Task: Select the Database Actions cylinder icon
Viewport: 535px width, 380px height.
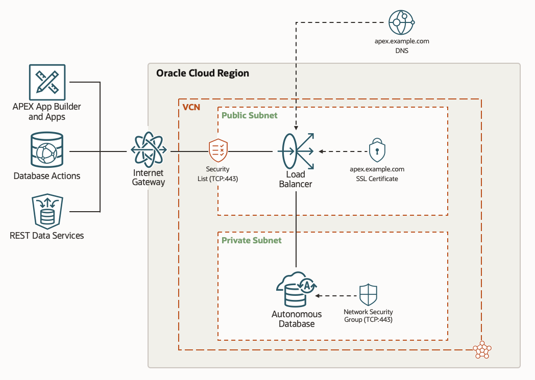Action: tap(47, 150)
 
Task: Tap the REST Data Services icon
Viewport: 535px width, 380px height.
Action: tap(47, 210)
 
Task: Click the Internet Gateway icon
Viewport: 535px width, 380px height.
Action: tap(149, 150)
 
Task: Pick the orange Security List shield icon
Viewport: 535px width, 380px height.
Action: tap(218, 151)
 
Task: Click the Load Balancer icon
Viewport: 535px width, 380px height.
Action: tap(297, 151)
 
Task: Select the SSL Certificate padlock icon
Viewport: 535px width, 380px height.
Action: tap(377, 150)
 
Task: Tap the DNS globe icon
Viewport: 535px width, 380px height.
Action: tap(401, 22)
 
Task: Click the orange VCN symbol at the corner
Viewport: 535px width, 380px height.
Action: tap(481, 350)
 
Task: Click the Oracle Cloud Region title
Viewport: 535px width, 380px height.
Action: tap(203, 73)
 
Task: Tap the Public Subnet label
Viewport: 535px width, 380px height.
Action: tap(250, 115)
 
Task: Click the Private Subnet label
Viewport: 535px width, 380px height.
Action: tap(252, 240)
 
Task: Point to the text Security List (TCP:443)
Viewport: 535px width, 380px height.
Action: tap(218, 174)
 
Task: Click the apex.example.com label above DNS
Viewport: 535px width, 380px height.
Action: tap(401, 41)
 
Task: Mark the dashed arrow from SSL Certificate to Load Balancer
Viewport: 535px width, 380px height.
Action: tap(343, 151)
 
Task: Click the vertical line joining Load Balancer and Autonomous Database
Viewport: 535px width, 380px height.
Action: tap(296, 230)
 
